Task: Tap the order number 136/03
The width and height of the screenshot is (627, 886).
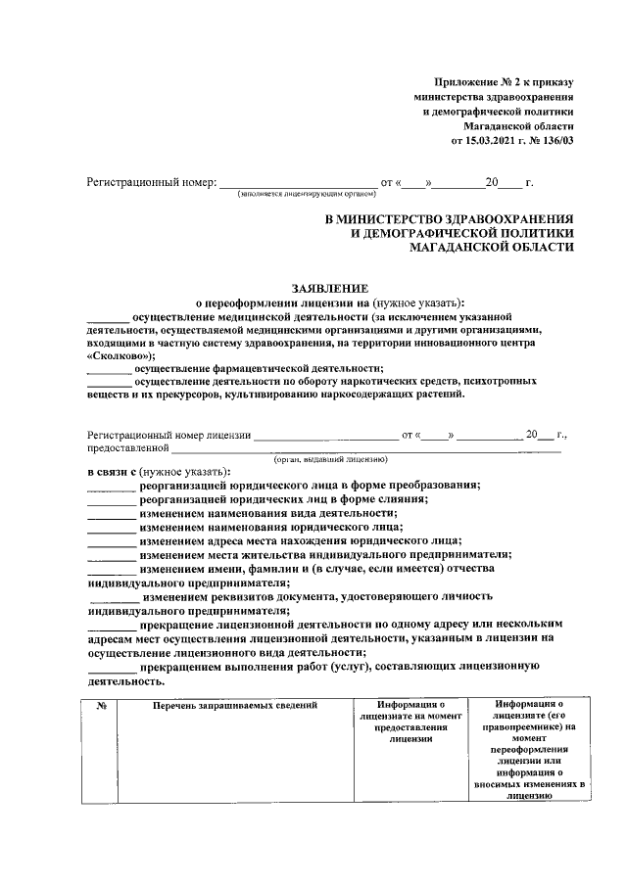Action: (x=553, y=141)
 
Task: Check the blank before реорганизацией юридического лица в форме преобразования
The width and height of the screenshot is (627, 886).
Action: (x=111, y=486)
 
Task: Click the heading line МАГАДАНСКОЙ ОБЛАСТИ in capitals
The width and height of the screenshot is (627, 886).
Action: (x=493, y=249)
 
